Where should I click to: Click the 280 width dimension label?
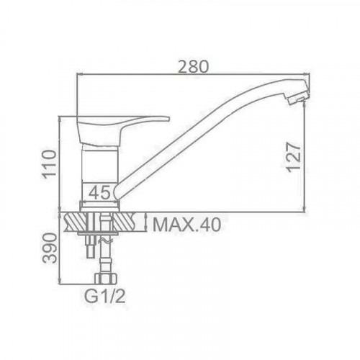(194, 66)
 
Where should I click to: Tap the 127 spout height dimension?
(294, 157)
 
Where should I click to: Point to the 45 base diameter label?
(99, 192)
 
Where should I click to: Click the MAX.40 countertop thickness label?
(186, 225)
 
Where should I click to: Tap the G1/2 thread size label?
(105, 297)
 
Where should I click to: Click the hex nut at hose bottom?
(106, 279)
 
